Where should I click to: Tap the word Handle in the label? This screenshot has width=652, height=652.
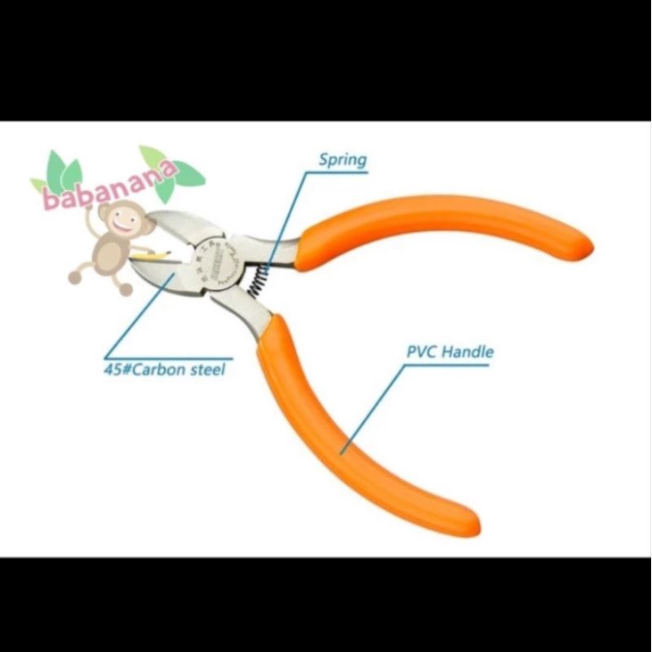pos(471,353)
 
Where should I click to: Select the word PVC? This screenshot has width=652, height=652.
pos(422,353)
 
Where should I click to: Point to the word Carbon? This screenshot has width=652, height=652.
pos(163,370)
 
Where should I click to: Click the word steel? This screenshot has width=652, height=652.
pos(207,370)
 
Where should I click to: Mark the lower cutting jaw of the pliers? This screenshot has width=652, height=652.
pos(175,277)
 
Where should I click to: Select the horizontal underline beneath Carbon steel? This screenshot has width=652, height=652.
pos(171,357)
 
